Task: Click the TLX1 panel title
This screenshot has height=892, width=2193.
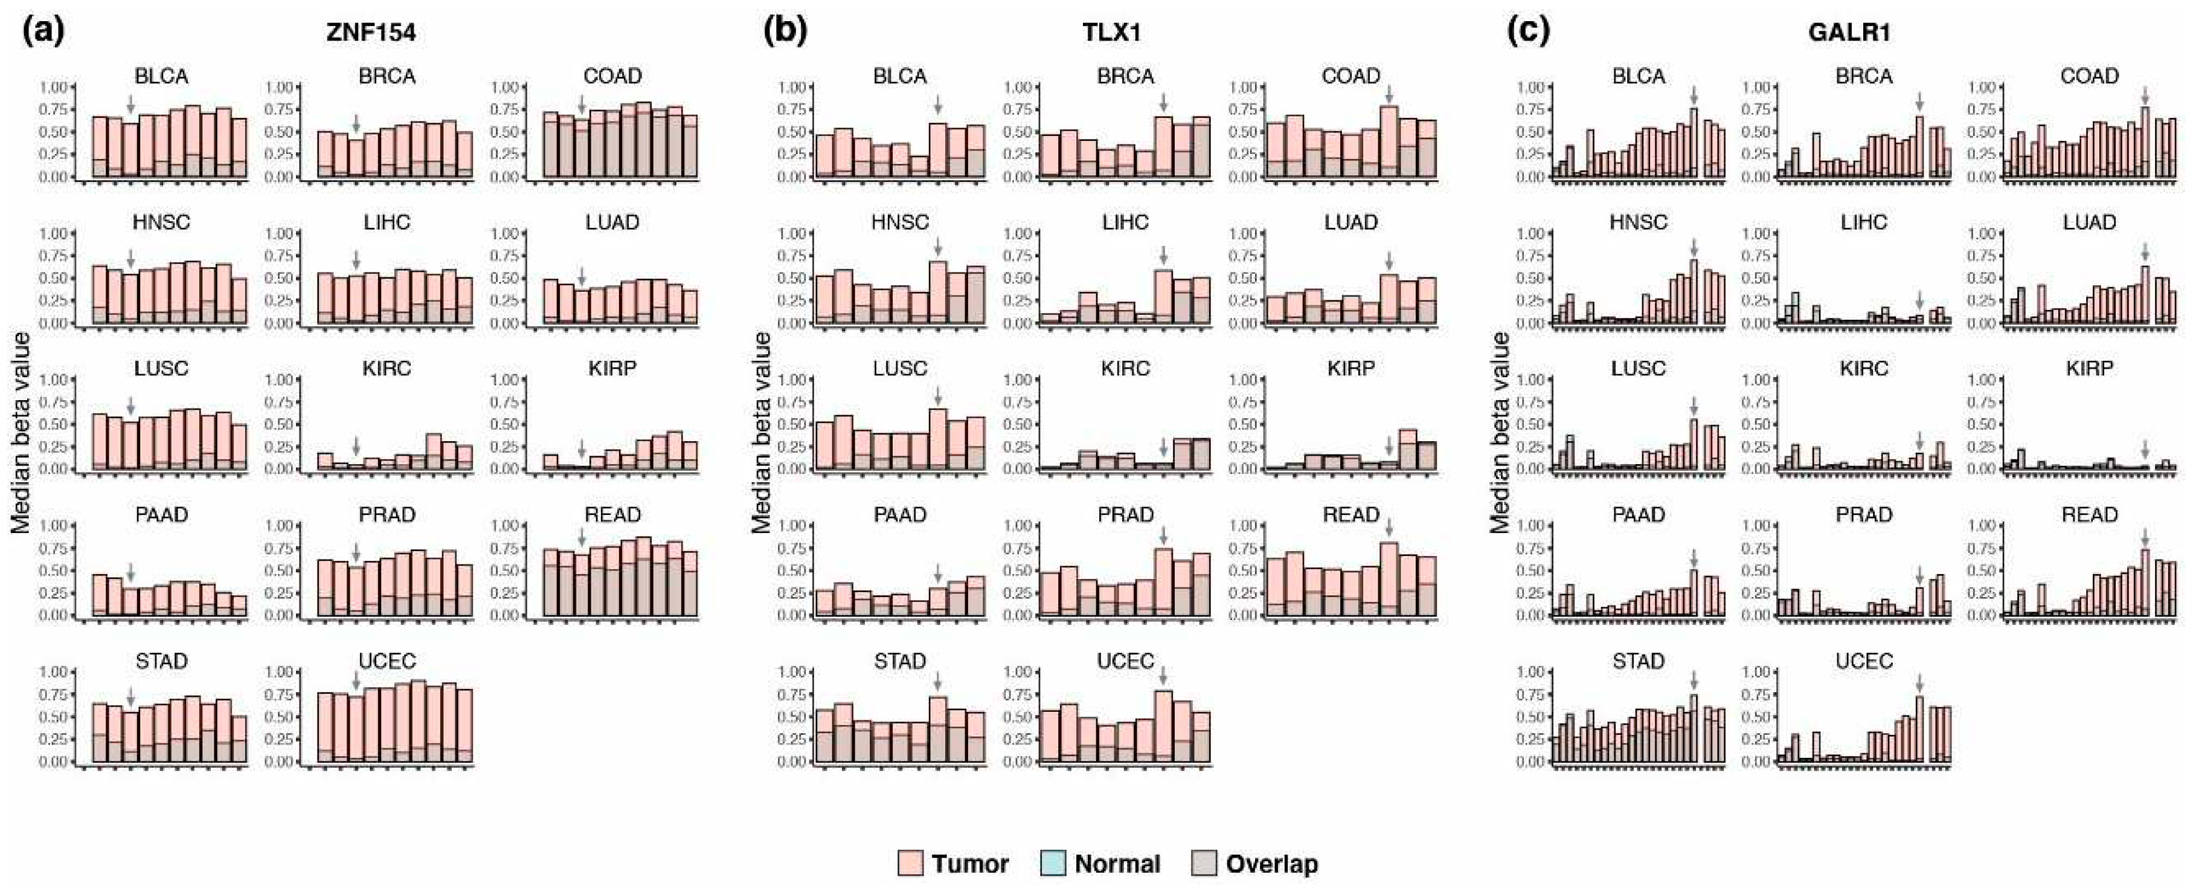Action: pos(1113,33)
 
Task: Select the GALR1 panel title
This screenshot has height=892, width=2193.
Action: pos(1848,33)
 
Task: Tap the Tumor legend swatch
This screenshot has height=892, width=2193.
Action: pos(910,864)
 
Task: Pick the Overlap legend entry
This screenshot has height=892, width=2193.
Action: pos(1256,864)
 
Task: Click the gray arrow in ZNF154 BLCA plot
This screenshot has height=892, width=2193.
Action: pos(130,105)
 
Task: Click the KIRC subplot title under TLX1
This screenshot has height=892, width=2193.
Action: pos(1125,369)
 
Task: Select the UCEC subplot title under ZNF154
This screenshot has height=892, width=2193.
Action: pos(387,662)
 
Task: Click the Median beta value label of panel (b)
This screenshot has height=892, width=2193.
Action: pos(762,433)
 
